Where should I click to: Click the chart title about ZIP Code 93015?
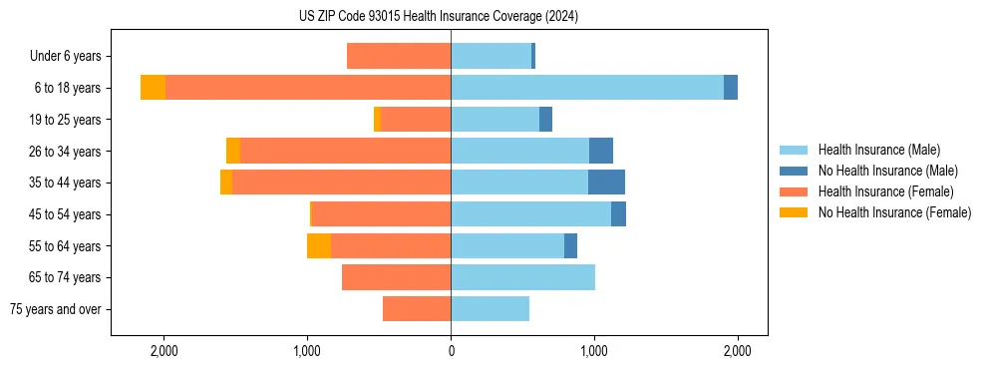pyautogui.click(x=439, y=17)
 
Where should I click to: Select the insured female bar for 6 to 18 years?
pyautogui.click(x=308, y=87)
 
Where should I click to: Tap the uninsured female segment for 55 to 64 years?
pyautogui.click(x=319, y=245)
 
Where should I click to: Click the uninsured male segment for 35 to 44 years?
pyautogui.click(x=606, y=183)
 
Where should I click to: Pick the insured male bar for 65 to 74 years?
pyautogui.click(x=522, y=277)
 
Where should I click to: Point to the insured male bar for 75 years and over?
pyautogui.click(x=490, y=309)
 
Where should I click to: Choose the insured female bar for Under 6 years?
pyautogui.click(x=399, y=56)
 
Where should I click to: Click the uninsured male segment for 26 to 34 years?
pyautogui.click(x=601, y=151)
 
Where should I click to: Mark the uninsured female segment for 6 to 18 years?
pyautogui.click(x=153, y=87)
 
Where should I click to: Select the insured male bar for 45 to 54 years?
pyautogui.click(x=530, y=213)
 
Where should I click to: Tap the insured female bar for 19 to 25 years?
pyautogui.click(x=416, y=119)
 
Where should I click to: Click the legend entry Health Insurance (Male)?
pyautogui.click(x=878, y=150)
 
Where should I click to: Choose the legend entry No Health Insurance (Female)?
pyautogui.click(x=894, y=212)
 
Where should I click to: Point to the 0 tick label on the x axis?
pyautogui.click(x=451, y=351)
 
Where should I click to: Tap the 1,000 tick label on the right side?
pyautogui.click(x=594, y=351)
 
